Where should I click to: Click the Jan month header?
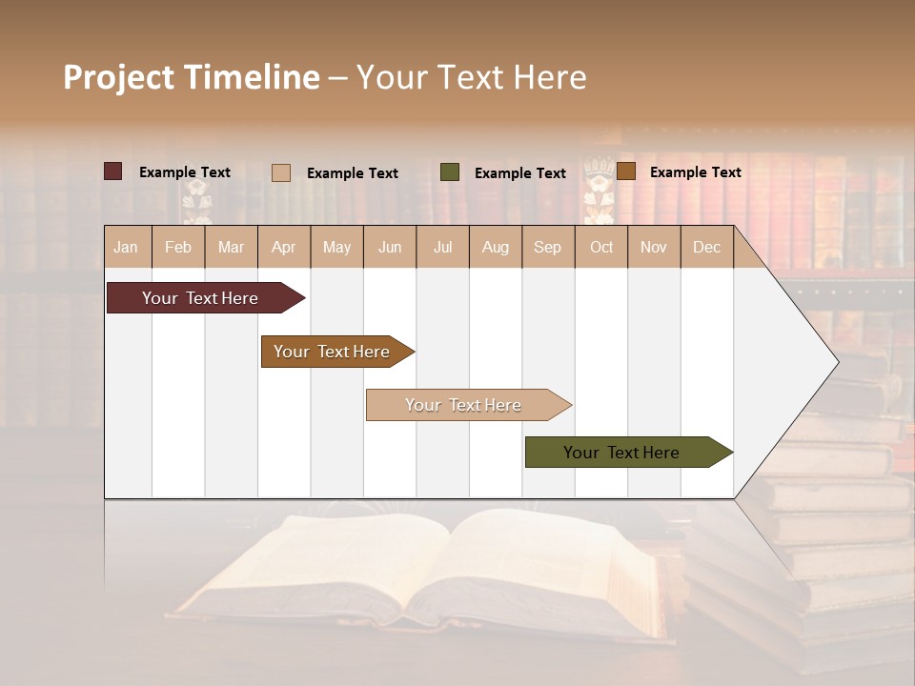[126, 248]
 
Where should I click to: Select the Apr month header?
[284, 248]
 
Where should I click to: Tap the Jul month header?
[442, 248]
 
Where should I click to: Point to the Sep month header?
[547, 248]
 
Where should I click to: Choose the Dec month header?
[706, 248]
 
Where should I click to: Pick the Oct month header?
[601, 248]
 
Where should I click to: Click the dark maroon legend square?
[113, 171]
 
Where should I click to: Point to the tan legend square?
[281, 172]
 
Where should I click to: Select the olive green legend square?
[450, 171]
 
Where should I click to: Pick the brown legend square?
[626, 171]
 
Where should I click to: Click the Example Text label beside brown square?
[695, 172]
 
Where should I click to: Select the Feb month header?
[178, 248]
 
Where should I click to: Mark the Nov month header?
[654, 248]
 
